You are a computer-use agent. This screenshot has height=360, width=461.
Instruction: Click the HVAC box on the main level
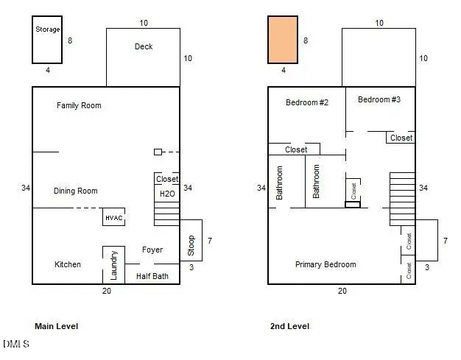(114, 217)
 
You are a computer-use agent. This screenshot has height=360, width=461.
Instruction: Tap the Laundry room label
(114, 265)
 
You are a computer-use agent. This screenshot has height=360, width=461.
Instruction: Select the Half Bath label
(152, 276)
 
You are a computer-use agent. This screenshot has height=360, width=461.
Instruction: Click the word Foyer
(152, 250)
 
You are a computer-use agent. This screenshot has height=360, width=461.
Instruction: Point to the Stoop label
(191, 245)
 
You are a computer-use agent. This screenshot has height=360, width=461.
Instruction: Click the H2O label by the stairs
(167, 194)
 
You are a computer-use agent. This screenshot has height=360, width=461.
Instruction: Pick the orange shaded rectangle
(283, 40)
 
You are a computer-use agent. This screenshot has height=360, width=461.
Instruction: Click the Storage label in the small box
(48, 29)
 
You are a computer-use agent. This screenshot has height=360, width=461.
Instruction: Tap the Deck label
(144, 46)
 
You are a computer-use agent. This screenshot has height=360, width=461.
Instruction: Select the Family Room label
(79, 105)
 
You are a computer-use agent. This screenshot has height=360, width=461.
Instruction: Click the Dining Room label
(76, 191)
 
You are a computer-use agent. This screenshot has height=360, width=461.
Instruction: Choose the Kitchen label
(68, 264)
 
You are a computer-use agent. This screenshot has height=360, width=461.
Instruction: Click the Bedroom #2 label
(307, 102)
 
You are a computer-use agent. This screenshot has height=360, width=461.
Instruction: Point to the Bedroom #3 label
(379, 99)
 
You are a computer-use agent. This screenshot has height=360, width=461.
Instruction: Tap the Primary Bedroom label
(325, 264)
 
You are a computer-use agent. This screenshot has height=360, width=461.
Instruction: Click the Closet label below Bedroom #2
(296, 149)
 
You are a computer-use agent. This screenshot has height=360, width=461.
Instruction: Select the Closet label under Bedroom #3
(401, 138)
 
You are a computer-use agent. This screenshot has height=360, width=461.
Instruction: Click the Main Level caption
(57, 326)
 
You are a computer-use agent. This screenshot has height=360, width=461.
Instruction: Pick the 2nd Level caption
(290, 326)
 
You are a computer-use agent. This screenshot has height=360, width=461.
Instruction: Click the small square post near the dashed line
(158, 152)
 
